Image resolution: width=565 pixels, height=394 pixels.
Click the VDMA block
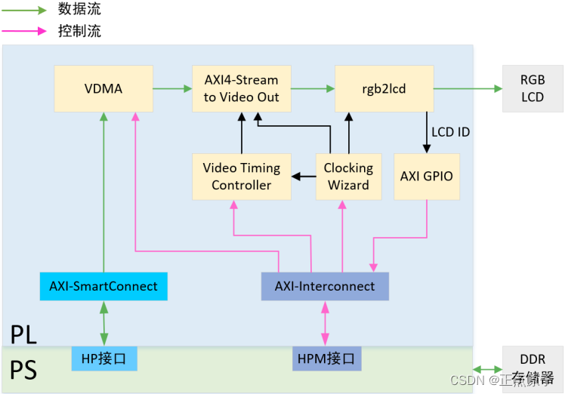pyautogui.click(x=103, y=89)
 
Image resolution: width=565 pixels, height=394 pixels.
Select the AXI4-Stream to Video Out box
pyautogui.click(x=241, y=89)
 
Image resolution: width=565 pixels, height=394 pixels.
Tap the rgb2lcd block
pyautogui.click(x=384, y=89)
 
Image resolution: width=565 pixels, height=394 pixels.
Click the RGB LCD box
pyautogui.click(x=532, y=88)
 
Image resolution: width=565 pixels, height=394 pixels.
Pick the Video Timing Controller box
pyautogui.click(x=241, y=177)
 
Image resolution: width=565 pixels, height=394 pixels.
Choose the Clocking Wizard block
pyautogui.click(x=348, y=177)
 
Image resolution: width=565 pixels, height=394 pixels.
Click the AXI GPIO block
pyautogui.click(x=427, y=177)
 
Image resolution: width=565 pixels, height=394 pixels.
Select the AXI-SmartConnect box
pyautogui.click(x=103, y=286)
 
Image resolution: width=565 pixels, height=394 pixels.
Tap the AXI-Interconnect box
pyautogui.click(x=324, y=286)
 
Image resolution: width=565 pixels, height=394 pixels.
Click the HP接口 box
pyautogui.click(x=104, y=359)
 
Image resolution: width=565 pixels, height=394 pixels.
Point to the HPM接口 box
pyautogui.click(x=326, y=359)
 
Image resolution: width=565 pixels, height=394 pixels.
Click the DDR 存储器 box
pyautogui.click(x=532, y=368)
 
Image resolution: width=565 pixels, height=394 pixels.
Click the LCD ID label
pyautogui.click(x=450, y=132)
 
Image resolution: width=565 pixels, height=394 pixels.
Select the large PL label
pyautogui.click(x=23, y=332)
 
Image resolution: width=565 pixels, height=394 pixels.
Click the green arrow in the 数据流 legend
pyautogui.click(x=25, y=10)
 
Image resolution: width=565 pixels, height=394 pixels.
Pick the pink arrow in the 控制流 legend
pyautogui.click(x=25, y=32)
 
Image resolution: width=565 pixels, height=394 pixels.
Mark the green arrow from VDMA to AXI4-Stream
pyautogui.click(x=172, y=89)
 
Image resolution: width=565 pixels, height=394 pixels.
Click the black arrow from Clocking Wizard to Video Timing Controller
pyautogui.click(x=303, y=177)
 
